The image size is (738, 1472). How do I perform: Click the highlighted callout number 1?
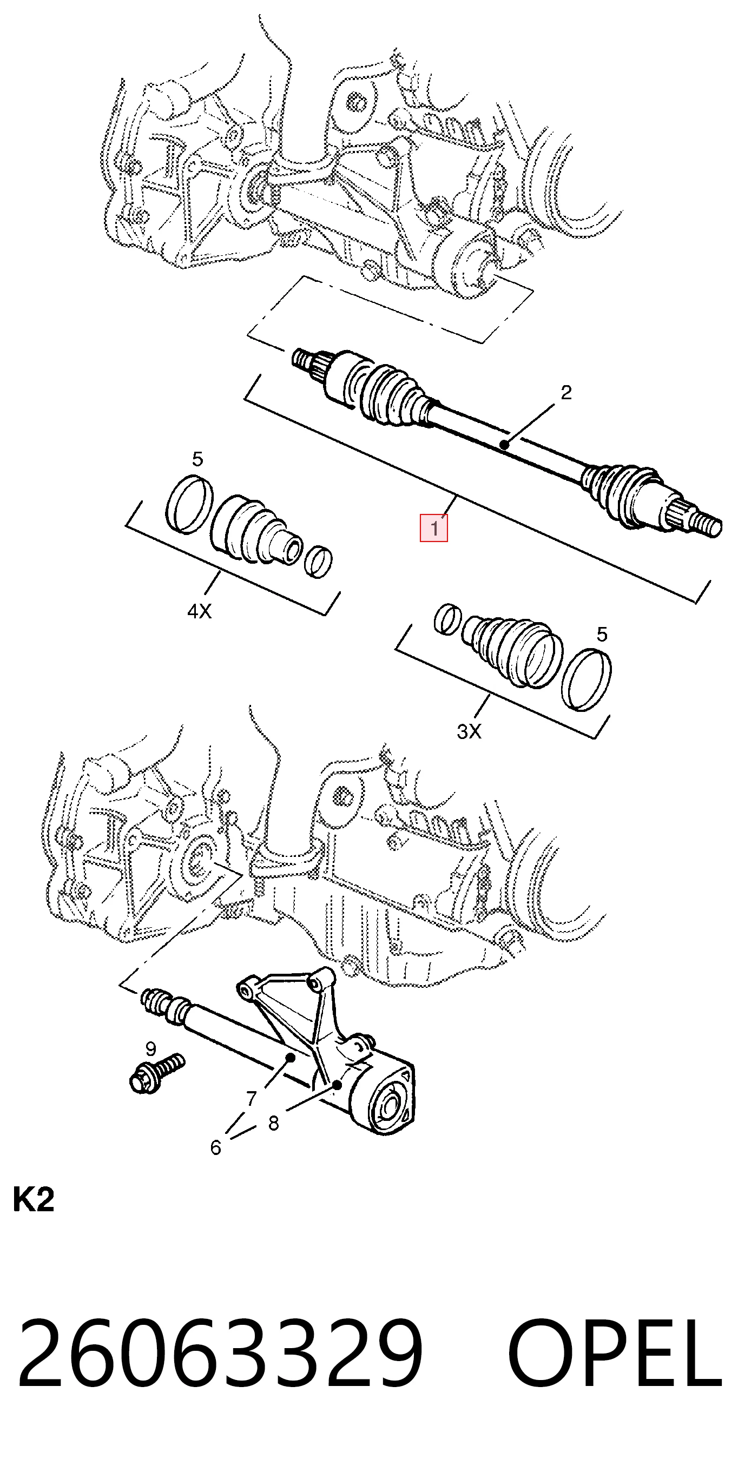pyautogui.click(x=434, y=528)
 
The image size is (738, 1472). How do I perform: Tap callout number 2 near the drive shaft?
pyautogui.click(x=565, y=393)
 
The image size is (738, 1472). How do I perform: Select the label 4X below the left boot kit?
pyautogui.click(x=200, y=611)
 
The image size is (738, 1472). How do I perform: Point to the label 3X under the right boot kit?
pyautogui.click(x=469, y=731)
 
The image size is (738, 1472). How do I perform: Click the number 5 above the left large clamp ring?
pyautogui.click(x=197, y=459)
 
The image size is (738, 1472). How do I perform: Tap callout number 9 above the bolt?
pyautogui.click(x=150, y=1048)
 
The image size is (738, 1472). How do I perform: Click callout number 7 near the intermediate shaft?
pyautogui.click(x=252, y=1098)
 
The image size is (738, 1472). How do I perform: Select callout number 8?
pyautogui.click(x=273, y=1123)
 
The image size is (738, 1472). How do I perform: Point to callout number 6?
pyautogui.click(x=215, y=1147)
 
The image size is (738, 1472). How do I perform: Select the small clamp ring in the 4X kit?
pyautogui.click(x=318, y=562)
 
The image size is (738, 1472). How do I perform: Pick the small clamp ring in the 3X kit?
pyautogui.click(x=447, y=619)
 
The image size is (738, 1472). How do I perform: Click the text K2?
pyautogui.click(x=33, y=1199)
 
